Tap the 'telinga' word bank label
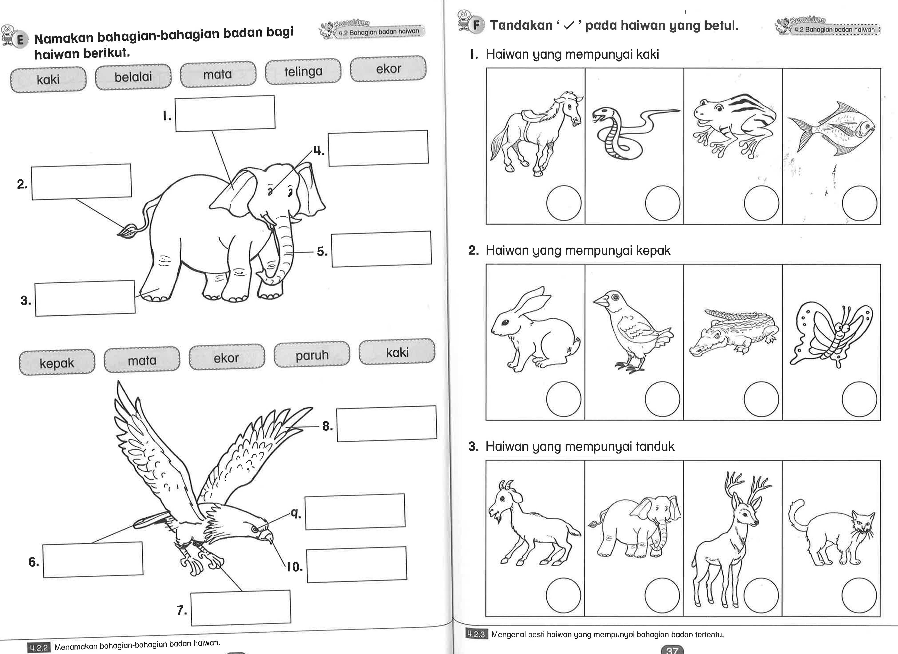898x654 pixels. pos(303,71)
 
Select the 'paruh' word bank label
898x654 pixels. pos(312,355)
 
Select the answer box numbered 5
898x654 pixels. pos(381,249)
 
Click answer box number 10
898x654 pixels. pos(356,564)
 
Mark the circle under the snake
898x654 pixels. pos(663,203)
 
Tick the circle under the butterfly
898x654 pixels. pos(859,399)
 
